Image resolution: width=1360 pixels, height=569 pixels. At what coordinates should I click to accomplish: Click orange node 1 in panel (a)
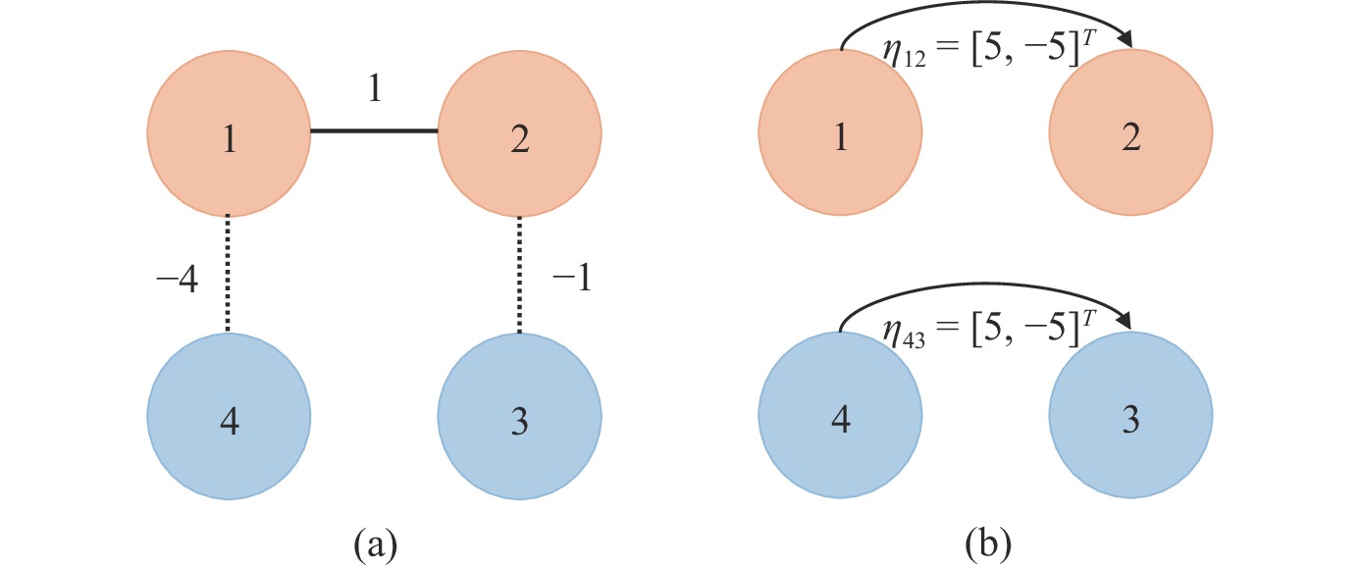[229, 136]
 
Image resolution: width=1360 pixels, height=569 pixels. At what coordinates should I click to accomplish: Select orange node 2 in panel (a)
[520, 136]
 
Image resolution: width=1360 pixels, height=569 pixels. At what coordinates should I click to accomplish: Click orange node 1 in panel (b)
[840, 136]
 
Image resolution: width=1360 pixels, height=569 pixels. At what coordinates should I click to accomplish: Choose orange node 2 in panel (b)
[1130, 136]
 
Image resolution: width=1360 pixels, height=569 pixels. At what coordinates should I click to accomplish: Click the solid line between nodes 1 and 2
[374, 131]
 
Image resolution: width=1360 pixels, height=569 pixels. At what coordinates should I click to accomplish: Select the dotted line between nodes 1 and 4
[228, 276]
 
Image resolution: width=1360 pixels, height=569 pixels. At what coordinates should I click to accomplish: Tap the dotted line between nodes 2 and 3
[520, 276]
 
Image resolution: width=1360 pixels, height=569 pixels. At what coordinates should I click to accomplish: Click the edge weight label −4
[177, 283]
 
